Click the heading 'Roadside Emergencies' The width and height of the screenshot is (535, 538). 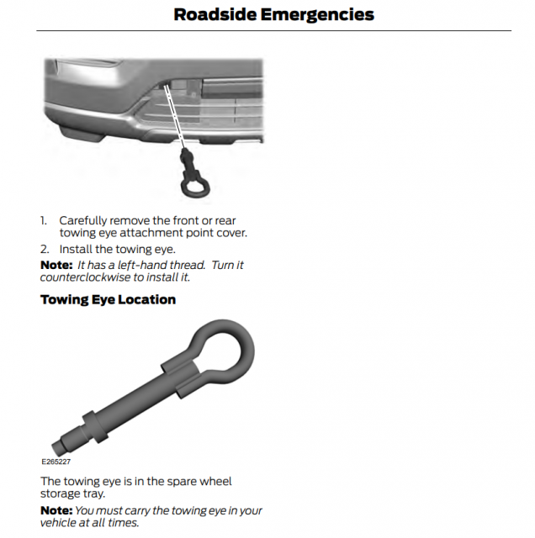tap(273, 14)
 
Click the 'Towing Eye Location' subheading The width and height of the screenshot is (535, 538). tap(108, 299)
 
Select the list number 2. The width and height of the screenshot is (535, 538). tap(44, 249)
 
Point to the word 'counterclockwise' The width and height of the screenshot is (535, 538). tap(87, 277)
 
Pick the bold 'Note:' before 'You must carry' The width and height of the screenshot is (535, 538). tap(56, 510)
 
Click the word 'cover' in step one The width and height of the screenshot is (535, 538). tap(230, 232)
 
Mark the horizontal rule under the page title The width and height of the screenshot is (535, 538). tap(273, 31)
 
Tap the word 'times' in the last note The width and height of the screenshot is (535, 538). tap(121, 522)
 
